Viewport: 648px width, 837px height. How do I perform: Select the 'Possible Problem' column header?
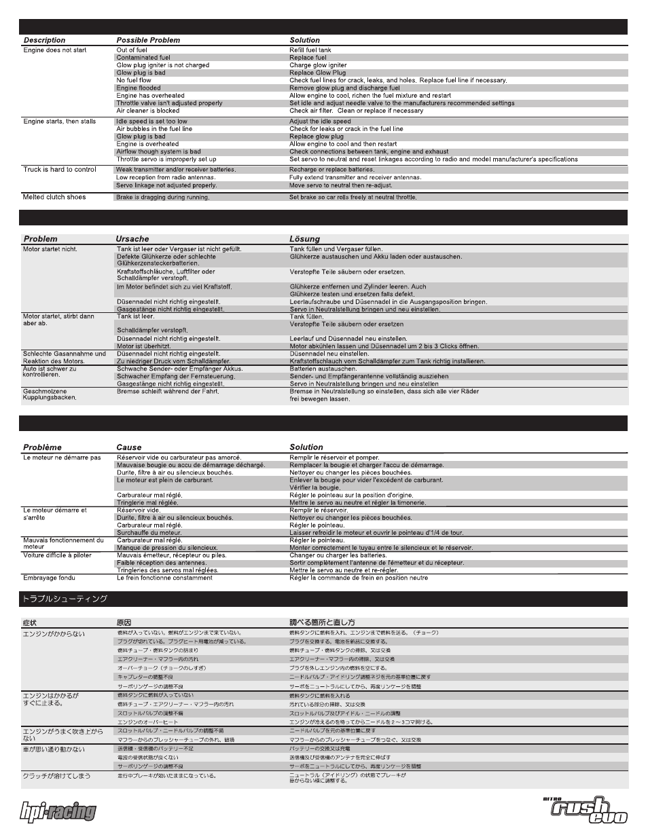click(x=148, y=40)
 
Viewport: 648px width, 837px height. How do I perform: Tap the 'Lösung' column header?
click(x=304, y=239)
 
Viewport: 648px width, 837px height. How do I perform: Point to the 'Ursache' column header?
click(x=132, y=239)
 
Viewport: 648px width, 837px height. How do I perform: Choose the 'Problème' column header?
click(x=42, y=447)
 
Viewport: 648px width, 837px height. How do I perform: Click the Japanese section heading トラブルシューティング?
click(x=65, y=599)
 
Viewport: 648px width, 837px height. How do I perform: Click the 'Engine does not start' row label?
click(x=55, y=50)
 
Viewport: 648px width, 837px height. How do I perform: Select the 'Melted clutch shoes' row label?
click(x=54, y=197)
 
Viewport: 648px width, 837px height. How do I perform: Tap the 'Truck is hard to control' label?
click(x=60, y=170)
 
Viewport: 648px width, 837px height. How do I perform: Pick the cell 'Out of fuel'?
click(x=132, y=50)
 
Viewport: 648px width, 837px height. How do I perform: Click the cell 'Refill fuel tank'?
click(x=310, y=50)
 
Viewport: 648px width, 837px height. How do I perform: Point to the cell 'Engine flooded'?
click(x=139, y=88)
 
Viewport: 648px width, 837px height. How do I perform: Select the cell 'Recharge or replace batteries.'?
click(x=331, y=170)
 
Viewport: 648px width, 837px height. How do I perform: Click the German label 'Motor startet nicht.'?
click(x=50, y=249)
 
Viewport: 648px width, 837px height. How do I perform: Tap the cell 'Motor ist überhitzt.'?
click(x=143, y=346)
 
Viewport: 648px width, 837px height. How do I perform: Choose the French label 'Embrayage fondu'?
click(x=49, y=578)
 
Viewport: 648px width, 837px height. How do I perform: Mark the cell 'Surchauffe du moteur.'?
click(x=149, y=533)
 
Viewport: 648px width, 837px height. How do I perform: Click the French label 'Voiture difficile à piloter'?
click(x=57, y=555)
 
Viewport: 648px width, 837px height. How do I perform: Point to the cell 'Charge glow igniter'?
click(x=318, y=65)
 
